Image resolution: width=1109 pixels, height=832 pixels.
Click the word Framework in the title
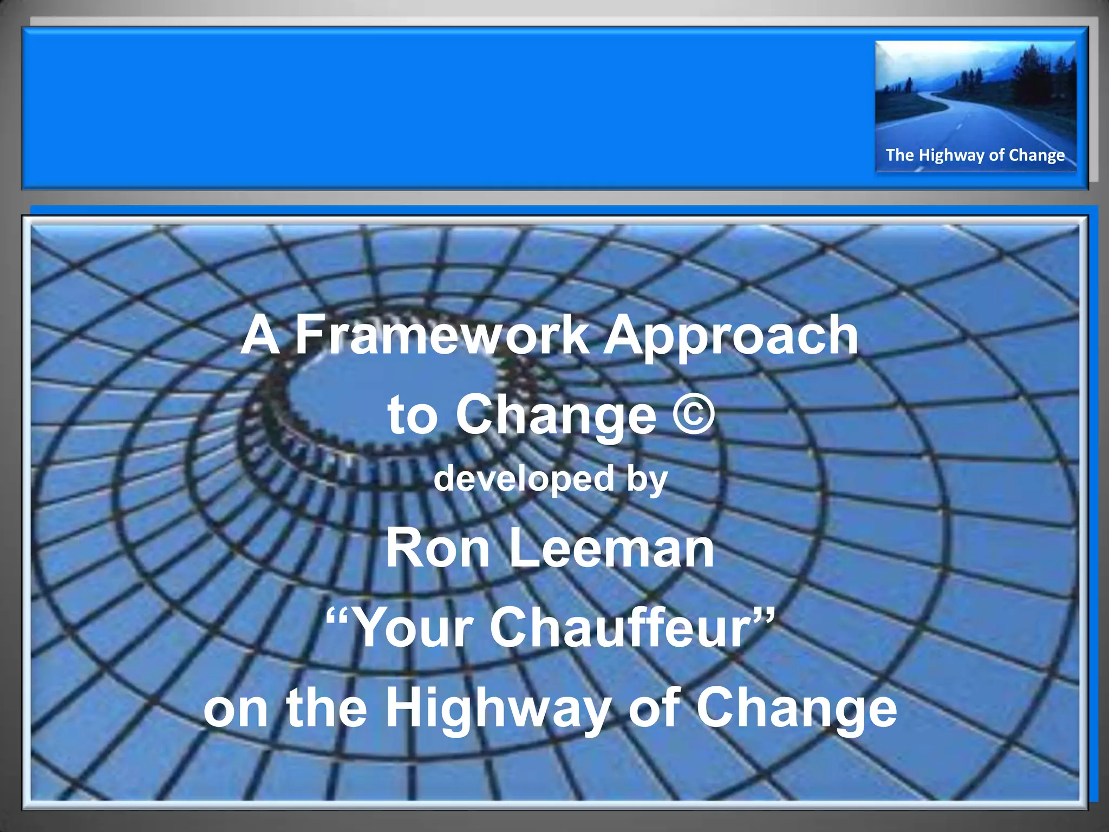442,336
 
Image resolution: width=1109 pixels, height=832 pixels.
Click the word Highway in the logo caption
952,155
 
